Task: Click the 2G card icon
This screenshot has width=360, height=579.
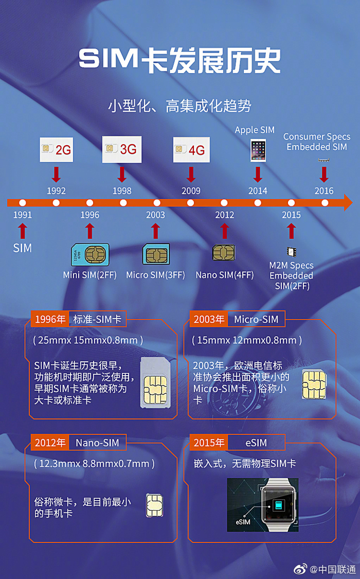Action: [56, 149]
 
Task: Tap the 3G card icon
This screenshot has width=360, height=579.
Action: [122, 149]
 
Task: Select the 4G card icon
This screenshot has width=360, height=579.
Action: [191, 150]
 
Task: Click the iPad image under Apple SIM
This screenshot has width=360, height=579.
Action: [258, 150]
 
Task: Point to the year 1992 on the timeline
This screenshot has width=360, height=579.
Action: [56, 191]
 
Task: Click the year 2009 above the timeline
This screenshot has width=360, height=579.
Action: [191, 191]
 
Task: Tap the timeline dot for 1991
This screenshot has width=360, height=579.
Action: [23, 203]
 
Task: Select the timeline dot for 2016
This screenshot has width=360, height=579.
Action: [325, 203]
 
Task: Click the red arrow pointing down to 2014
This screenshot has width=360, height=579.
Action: [258, 174]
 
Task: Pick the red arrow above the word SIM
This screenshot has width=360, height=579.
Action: [23, 230]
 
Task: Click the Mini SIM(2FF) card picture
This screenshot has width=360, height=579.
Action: [90, 255]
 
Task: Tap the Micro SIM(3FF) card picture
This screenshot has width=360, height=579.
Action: [155, 255]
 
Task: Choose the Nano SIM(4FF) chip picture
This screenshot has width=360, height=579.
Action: [224, 252]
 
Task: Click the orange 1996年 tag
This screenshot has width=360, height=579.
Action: [50, 319]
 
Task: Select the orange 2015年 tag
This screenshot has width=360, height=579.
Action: [209, 443]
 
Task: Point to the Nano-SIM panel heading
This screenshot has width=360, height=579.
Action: [97, 443]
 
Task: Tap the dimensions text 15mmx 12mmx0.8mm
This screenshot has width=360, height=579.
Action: [246, 340]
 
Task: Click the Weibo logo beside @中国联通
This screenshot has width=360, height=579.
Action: [300, 569]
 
